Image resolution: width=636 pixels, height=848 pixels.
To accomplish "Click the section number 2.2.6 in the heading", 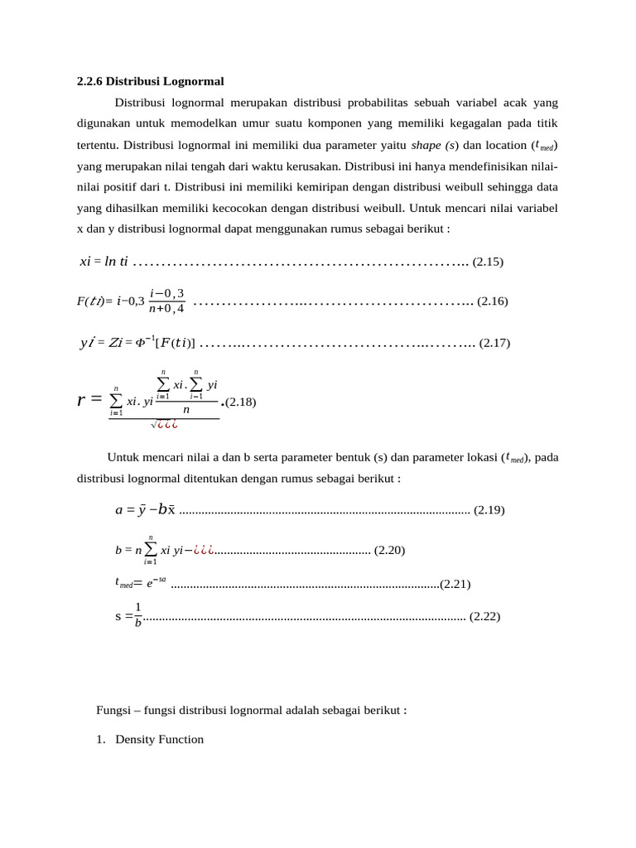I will coord(90,81).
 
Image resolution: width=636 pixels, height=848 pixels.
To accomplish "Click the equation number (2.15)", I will coord(488,262).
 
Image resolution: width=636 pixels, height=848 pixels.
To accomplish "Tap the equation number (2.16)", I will coord(493,301).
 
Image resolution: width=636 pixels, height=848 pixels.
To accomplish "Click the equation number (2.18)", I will coord(242,402).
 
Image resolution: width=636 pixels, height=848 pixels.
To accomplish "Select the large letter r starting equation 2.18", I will coord(82,401).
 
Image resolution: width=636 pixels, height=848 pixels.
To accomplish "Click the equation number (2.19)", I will coord(489,510).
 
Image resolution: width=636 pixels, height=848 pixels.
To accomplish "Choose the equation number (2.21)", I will coord(455,584).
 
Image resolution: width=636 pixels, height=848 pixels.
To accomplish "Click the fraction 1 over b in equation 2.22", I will coord(138,615).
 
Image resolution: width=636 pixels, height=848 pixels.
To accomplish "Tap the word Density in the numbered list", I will coord(137,739).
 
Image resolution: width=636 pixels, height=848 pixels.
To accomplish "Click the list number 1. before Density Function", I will coord(102,739).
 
